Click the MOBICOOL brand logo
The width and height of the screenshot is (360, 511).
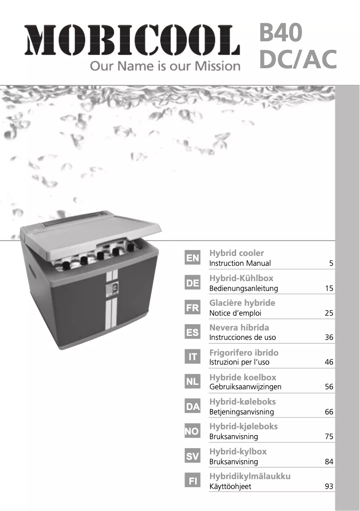[132, 40]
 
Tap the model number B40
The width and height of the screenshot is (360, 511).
[281, 32]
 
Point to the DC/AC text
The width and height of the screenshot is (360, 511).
[298, 59]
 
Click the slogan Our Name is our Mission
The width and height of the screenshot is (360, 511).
[165, 66]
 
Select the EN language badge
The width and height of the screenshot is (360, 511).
[193, 258]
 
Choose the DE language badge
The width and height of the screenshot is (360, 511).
[193, 283]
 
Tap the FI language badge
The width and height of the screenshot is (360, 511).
[193, 481]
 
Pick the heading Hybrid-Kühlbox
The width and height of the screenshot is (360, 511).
[241, 278]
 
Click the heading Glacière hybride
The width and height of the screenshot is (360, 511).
[242, 303]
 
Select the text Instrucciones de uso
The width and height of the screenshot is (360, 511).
[242, 337]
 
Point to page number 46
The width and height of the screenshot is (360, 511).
[329, 362]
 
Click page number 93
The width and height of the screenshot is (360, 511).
[329, 486]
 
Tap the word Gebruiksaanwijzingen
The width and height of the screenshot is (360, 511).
[246, 387]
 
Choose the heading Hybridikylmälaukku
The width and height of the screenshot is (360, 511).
[250, 476]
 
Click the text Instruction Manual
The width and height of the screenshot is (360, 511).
[240, 263]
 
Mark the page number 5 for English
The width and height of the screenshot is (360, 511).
[331, 263]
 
